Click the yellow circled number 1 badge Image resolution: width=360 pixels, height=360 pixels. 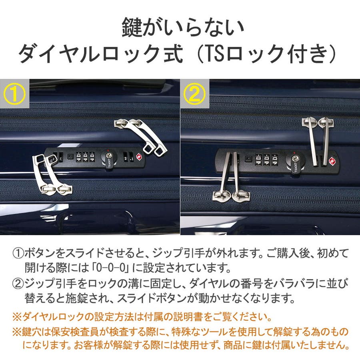point(14,94)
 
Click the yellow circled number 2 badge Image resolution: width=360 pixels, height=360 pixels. point(195,94)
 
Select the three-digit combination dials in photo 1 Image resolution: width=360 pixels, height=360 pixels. point(85,157)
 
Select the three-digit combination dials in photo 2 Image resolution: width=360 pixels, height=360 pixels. point(266,160)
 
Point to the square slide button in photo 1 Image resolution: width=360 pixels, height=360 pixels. point(70,157)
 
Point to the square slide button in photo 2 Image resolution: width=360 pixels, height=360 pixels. point(248,159)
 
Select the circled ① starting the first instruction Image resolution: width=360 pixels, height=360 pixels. point(18,253)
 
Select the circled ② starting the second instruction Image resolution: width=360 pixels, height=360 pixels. point(18,284)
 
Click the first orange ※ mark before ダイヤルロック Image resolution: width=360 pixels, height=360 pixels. point(17,317)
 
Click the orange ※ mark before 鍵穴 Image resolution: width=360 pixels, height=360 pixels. point(17,332)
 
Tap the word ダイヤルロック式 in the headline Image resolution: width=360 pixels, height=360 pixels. point(101,54)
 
